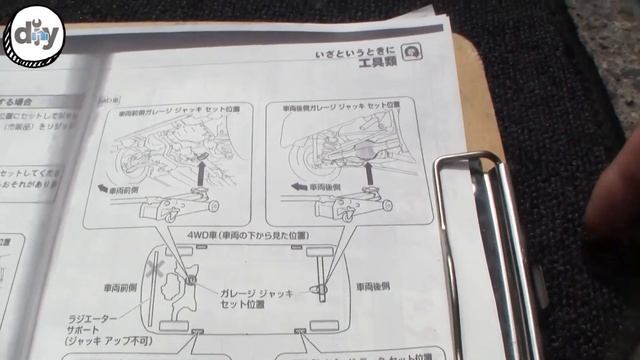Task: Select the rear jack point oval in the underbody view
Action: click(320, 289)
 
